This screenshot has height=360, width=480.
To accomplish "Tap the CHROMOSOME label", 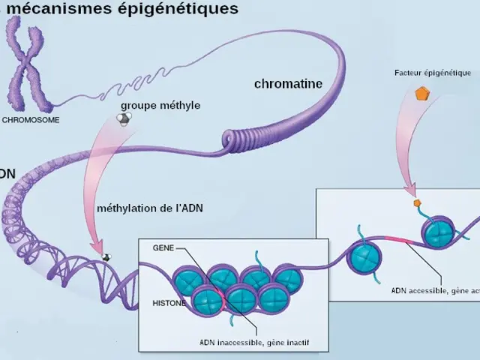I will click(31, 119).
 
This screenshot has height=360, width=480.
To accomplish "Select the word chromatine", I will click(288, 84).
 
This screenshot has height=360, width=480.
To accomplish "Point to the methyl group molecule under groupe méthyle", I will click(126, 118).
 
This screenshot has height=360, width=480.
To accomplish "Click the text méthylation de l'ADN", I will click(149, 207).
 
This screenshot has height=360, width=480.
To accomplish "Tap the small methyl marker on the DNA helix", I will click(106, 256).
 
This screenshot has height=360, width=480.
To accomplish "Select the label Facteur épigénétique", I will click(432, 73).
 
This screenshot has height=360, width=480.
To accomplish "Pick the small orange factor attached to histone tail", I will click(417, 202).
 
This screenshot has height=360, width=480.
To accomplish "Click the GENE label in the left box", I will click(163, 247).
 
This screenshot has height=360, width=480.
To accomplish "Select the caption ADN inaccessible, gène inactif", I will click(254, 342).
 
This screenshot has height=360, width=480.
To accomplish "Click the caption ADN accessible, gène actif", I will click(434, 290).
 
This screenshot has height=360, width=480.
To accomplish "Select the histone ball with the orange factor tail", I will click(438, 233).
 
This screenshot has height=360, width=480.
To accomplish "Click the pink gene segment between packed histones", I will click(220, 298).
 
